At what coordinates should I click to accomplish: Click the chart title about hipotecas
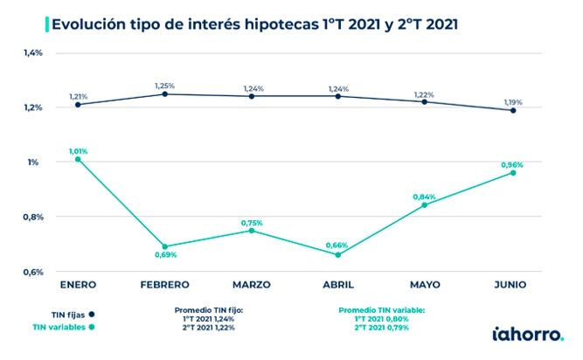tap(253, 24)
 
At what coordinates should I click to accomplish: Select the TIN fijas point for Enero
tap(78, 105)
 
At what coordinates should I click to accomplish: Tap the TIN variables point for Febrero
tap(165, 246)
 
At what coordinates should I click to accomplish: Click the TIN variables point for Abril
tap(337, 254)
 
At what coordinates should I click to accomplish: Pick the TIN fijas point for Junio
tap(512, 110)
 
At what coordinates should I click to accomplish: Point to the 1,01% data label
tap(78, 150)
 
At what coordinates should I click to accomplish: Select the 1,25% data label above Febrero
tap(164, 86)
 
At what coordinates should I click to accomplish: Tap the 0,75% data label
tap(252, 223)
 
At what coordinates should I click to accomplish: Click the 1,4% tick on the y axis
tap(33, 53)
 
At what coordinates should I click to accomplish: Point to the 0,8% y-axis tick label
tap(33, 217)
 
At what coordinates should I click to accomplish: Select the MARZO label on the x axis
tap(251, 285)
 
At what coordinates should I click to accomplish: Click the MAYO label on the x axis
tap(425, 285)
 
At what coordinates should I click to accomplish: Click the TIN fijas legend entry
tap(66, 312)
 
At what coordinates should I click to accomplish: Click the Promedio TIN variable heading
tap(380, 309)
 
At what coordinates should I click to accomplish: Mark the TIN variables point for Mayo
tap(425, 204)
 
